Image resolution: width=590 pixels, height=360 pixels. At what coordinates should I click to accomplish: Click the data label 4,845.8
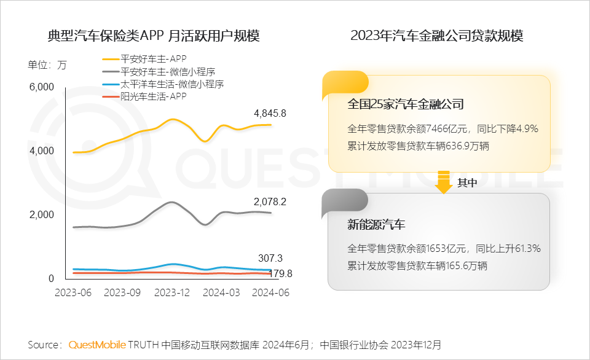click(270, 114)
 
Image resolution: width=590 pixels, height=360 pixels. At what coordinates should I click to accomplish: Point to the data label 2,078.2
click(270, 202)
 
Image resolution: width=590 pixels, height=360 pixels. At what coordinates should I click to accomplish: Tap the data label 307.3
click(270, 259)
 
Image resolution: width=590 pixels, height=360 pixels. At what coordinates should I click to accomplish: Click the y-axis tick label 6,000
click(42, 87)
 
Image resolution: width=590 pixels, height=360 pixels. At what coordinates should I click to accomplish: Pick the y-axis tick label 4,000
click(42, 151)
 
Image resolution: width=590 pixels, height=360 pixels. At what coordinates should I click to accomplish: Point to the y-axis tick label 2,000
click(42, 215)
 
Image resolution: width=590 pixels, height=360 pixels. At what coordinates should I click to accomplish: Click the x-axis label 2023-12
click(172, 293)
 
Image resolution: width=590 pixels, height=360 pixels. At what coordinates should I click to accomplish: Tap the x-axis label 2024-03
click(222, 293)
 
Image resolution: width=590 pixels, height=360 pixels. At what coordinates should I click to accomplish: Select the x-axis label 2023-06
click(73, 293)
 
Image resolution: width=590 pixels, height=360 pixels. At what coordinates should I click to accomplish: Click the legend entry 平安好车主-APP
click(154, 60)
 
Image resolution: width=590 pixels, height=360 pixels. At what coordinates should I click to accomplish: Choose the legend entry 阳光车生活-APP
click(154, 96)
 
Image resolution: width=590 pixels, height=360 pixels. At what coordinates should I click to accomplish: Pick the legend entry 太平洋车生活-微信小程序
click(172, 84)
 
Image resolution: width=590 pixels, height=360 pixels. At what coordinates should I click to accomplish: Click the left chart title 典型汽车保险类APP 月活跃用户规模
click(154, 36)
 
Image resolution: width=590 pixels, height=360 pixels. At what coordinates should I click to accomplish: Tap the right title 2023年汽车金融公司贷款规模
click(436, 36)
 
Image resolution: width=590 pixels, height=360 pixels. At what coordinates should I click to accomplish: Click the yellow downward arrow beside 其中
click(444, 183)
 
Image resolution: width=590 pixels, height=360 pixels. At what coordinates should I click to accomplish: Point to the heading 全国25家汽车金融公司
click(405, 104)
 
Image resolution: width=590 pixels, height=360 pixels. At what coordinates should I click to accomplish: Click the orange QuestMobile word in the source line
click(97, 345)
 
